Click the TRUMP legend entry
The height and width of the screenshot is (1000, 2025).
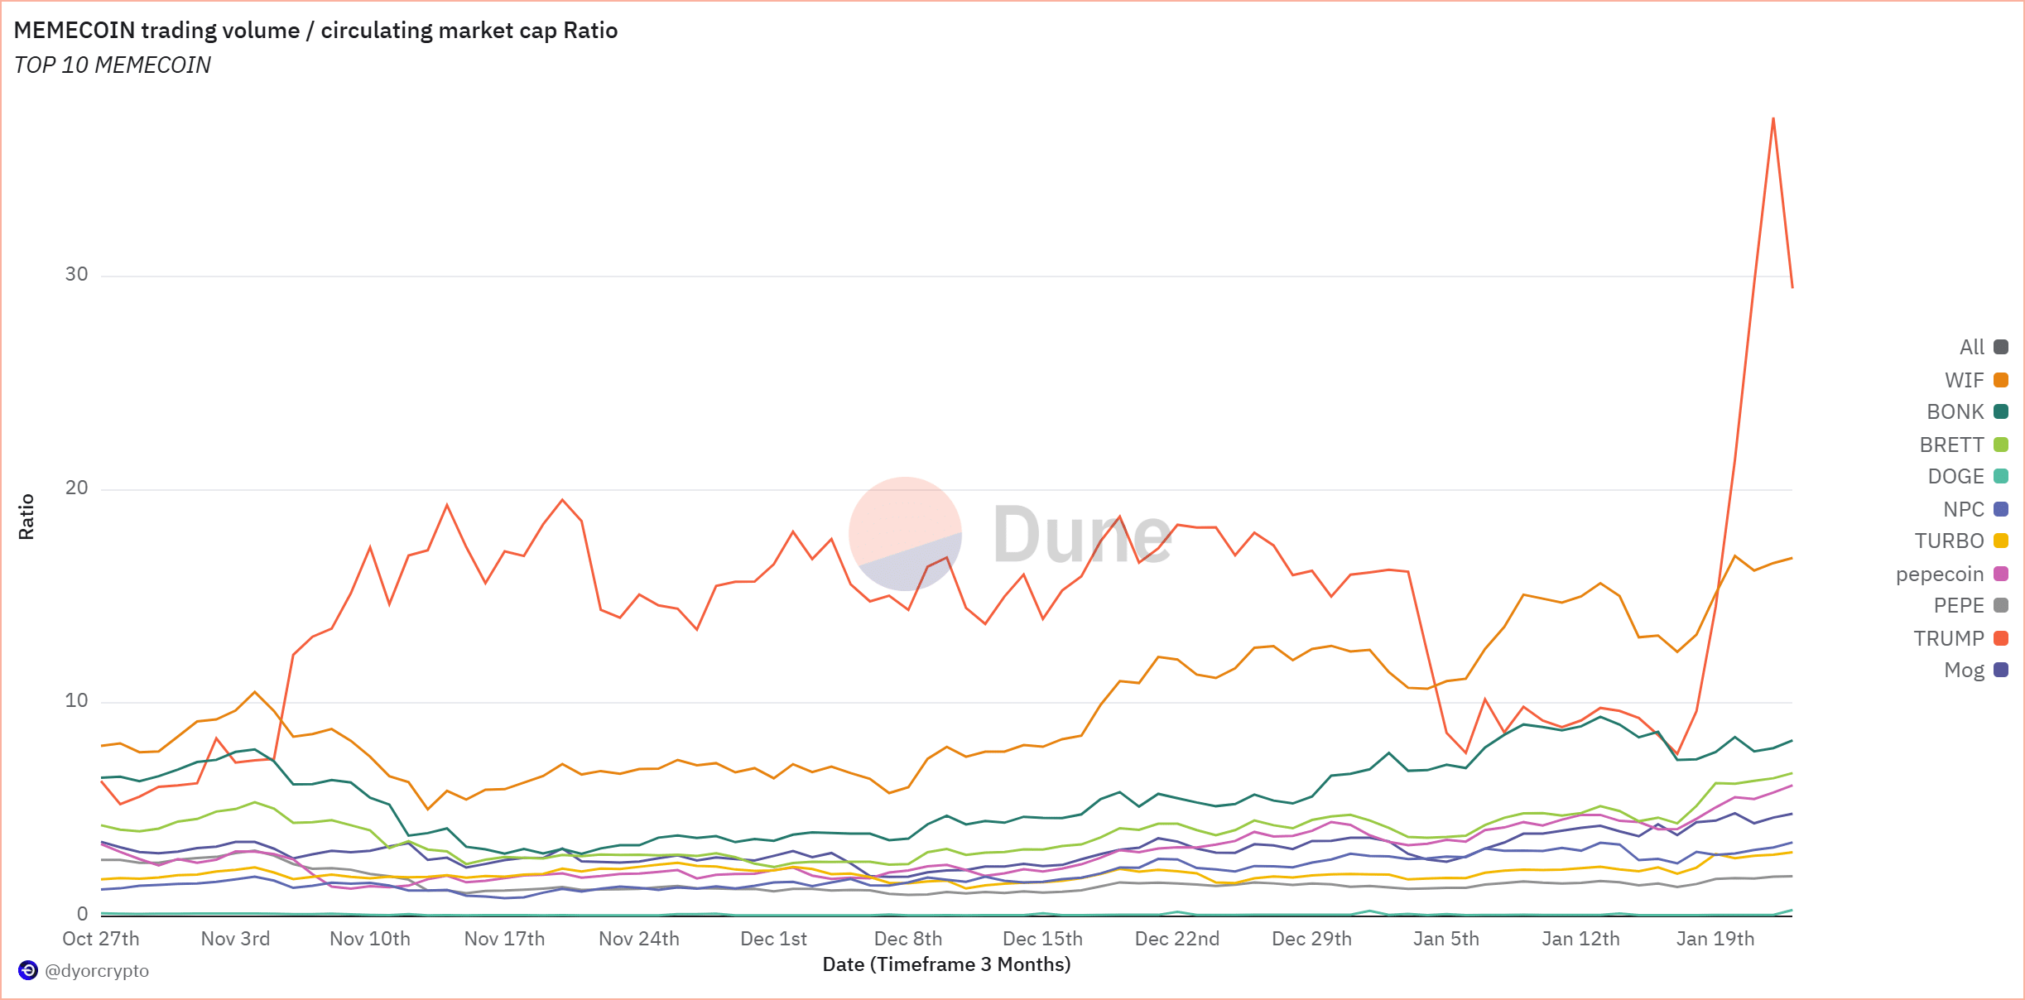(x=1960, y=638)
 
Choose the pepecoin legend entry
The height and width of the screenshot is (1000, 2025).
(x=1950, y=574)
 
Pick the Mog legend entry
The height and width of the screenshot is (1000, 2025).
(x=1974, y=670)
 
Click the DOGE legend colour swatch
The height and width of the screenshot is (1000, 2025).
(x=2001, y=476)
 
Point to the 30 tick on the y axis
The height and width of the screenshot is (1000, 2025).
(x=77, y=274)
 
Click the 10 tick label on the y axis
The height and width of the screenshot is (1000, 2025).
(x=77, y=700)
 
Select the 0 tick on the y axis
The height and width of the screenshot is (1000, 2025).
(x=83, y=913)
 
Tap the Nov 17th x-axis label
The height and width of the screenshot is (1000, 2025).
(x=504, y=939)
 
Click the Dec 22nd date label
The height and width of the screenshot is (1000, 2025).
(x=1176, y=939)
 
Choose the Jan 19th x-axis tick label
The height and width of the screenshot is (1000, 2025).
(x=1715, y=939)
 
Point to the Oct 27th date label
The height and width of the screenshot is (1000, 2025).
(x=101, y=939)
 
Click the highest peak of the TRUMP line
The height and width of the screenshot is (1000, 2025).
(x=1772, y=118)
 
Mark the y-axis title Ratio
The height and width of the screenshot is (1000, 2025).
(x=26, y=517)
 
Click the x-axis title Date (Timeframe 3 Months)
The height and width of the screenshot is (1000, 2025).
(x=946, y=964)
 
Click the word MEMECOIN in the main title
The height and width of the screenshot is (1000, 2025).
(x=75, y=31)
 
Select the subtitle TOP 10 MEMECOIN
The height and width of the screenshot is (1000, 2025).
(x=113, y=65)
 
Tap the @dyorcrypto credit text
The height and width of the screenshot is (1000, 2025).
(x=97, y=970)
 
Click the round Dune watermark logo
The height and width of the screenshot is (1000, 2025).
(x=906, y=534)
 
